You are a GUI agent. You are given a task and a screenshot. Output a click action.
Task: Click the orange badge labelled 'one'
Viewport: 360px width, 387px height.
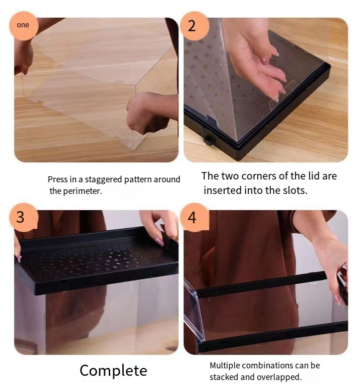[24, 26]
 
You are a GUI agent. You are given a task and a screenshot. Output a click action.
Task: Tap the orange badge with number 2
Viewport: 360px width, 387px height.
[195, 26]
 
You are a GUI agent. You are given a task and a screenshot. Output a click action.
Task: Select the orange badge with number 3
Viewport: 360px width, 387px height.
[24, 217]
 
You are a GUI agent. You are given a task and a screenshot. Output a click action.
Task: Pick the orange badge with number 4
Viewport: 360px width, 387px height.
[195, 217]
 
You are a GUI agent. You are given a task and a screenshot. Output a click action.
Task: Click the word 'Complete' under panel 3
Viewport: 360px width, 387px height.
[113, 371]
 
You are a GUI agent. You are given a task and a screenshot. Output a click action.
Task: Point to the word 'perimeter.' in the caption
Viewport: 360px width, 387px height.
[83, 191]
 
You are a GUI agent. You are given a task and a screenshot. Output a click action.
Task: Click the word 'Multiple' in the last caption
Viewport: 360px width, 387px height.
[224, 366]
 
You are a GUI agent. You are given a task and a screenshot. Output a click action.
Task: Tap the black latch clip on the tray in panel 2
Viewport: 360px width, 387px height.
[208, 140]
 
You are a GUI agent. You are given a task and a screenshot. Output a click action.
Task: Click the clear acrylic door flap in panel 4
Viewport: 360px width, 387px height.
[193, 311]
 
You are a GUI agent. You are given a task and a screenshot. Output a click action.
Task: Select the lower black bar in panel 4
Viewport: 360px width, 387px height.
[273, 336]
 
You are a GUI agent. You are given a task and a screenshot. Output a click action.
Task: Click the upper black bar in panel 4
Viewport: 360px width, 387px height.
[261, 284]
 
